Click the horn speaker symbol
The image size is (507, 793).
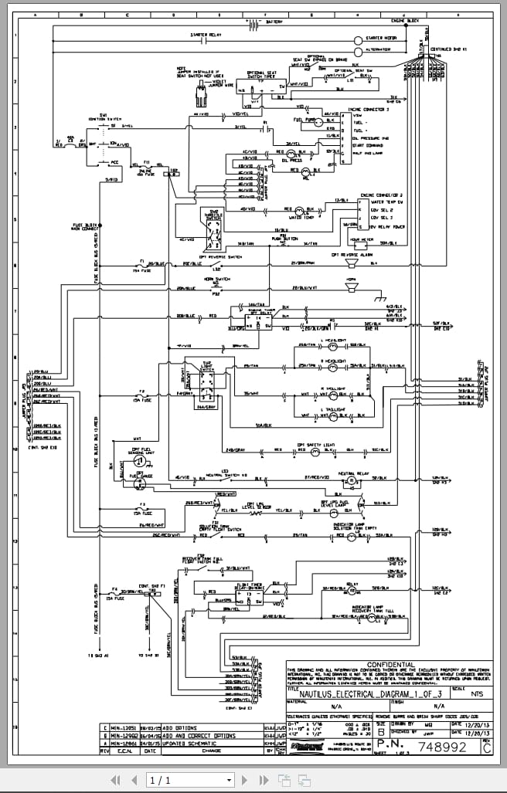point(352,286)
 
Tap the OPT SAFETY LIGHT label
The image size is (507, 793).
point(316,445)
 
